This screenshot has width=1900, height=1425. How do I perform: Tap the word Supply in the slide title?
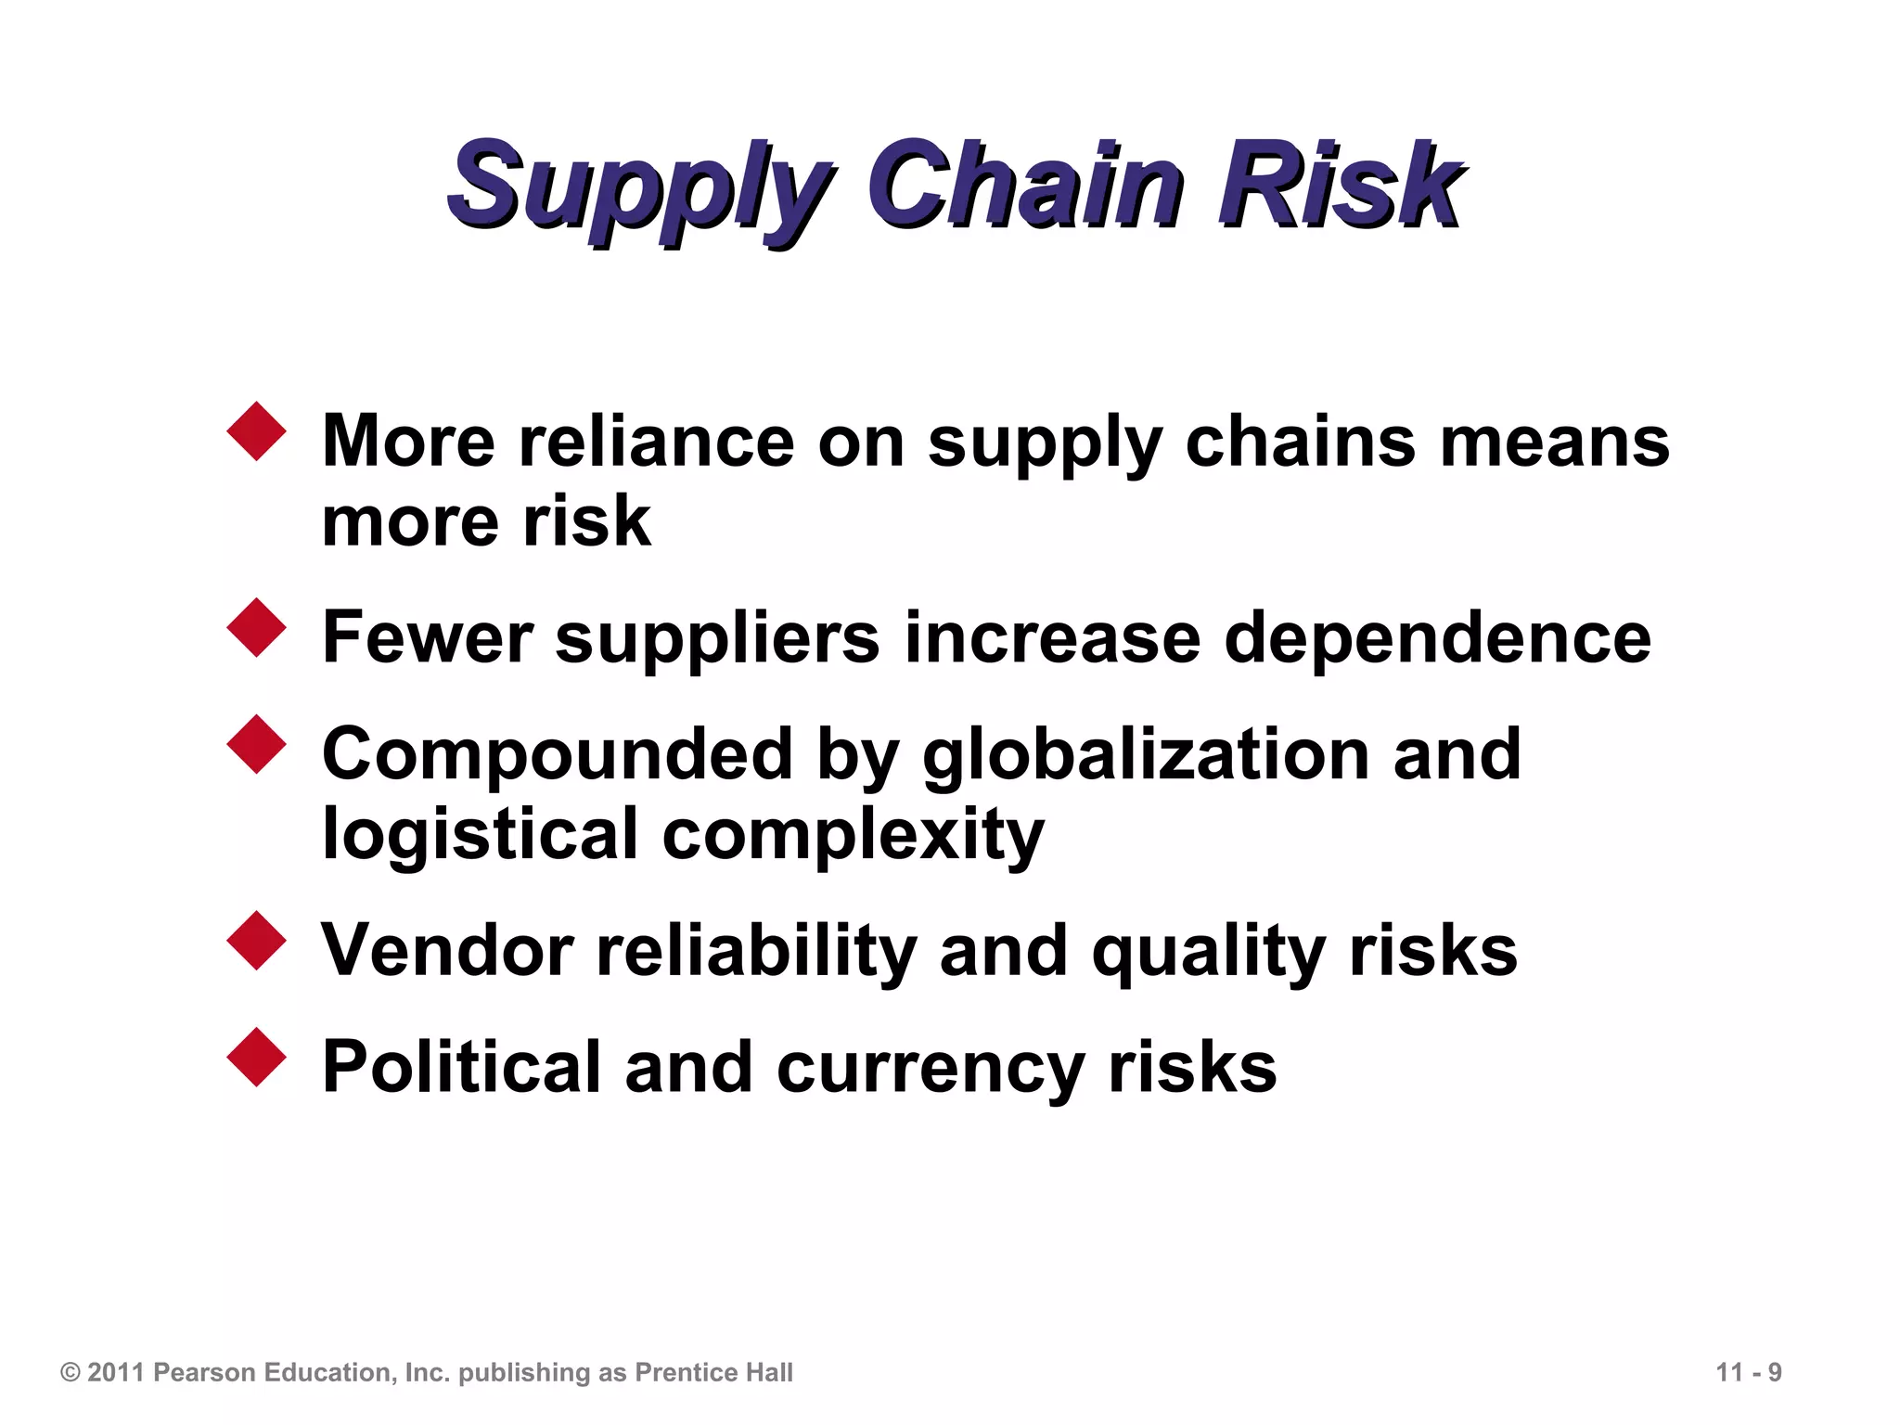(x=640, y=186)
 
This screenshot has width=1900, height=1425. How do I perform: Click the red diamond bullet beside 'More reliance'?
(x=256, y=431)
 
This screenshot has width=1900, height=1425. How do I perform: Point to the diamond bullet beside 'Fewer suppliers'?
(x=256, y=628)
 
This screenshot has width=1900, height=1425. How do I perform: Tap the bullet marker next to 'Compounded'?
(x=256, y=744)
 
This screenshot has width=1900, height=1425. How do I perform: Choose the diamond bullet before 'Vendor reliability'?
(x=256, y=941)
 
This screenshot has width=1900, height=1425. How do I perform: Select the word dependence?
(x=1437, y=638)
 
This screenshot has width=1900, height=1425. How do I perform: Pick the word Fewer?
(x=427, y=638)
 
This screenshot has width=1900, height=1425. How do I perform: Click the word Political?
(x=461, y=1067)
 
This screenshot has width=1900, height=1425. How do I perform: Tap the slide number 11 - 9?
(x=1749, y=1372)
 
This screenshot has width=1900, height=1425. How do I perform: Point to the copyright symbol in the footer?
(x=71, y=1372)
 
